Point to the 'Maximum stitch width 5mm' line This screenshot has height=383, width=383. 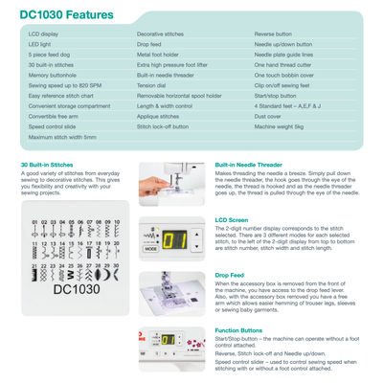tap(62, 137)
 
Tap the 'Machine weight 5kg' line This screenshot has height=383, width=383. tap(280, 125)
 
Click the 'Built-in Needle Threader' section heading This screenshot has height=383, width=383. tap(248, 165)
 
